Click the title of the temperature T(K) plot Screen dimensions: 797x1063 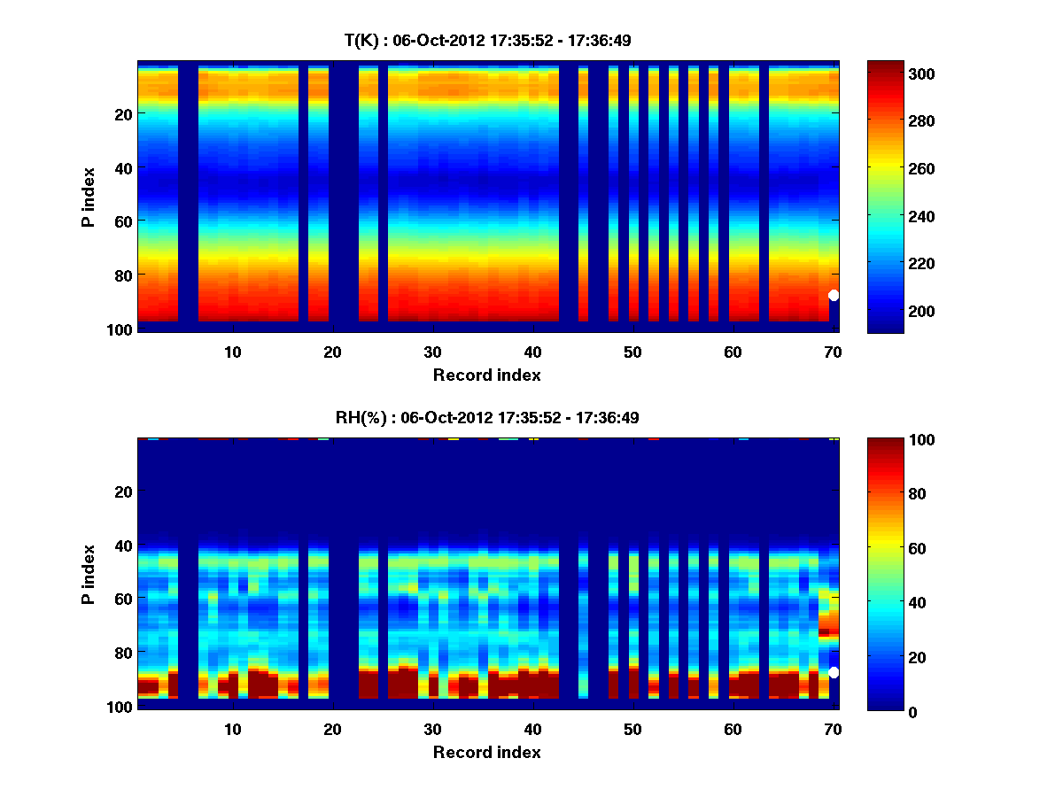click(487, 40)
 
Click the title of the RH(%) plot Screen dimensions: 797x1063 click(487, 417)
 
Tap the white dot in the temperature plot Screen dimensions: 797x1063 click(834, 296)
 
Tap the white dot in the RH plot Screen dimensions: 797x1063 click(834, 673)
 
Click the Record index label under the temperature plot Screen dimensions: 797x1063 click(487, 375)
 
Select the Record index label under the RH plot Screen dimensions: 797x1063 click(487, 752)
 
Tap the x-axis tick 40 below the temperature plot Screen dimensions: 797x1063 click(532, 352)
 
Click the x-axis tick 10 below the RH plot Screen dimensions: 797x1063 click(232, 729)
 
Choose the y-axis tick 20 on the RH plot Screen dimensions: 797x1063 click(123, 491)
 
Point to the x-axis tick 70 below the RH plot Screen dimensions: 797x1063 click(833, 729)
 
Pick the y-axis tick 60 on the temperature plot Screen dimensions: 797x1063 click(123, 221)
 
